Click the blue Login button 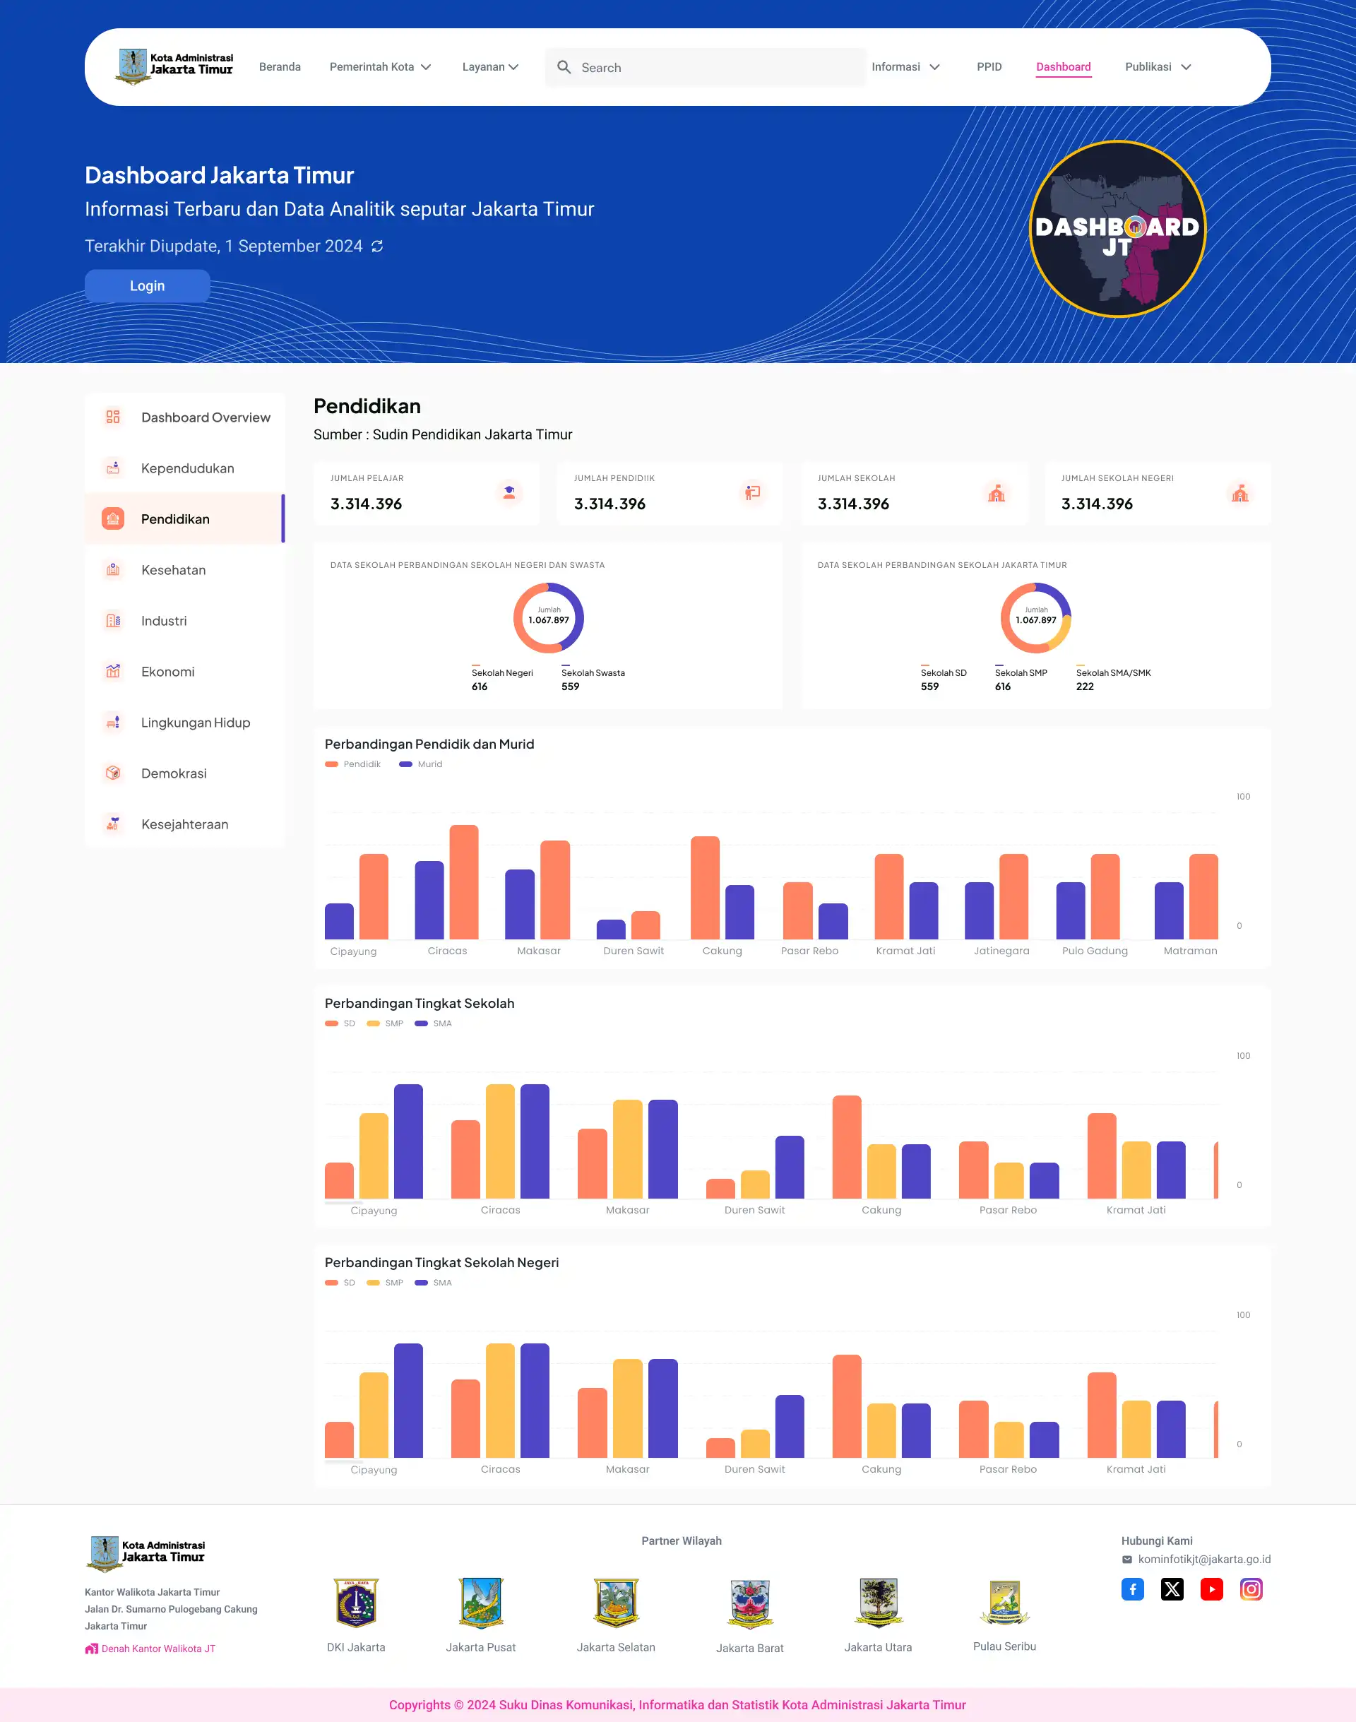click(147, 286)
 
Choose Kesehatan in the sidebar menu click(173, 570)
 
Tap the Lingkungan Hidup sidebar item click(196, 723)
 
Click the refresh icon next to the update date click(377, 247)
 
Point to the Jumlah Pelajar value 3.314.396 click(366, 504)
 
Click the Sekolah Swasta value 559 click(570, 687)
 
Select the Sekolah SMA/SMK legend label click(1113, 673)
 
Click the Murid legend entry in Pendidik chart click(429, 764)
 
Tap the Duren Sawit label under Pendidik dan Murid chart click(633, 951)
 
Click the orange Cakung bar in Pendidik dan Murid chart click(705, 888)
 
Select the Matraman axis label click(1189, 951)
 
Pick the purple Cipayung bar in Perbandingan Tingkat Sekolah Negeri click(408, 1401)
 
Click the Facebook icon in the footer click(1132, 1589)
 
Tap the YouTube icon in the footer click(1211, 1589)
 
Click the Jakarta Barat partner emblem click(749, 1604)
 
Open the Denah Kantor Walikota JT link click(158, 1649)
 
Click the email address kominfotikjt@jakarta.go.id click(1203, 1560)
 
